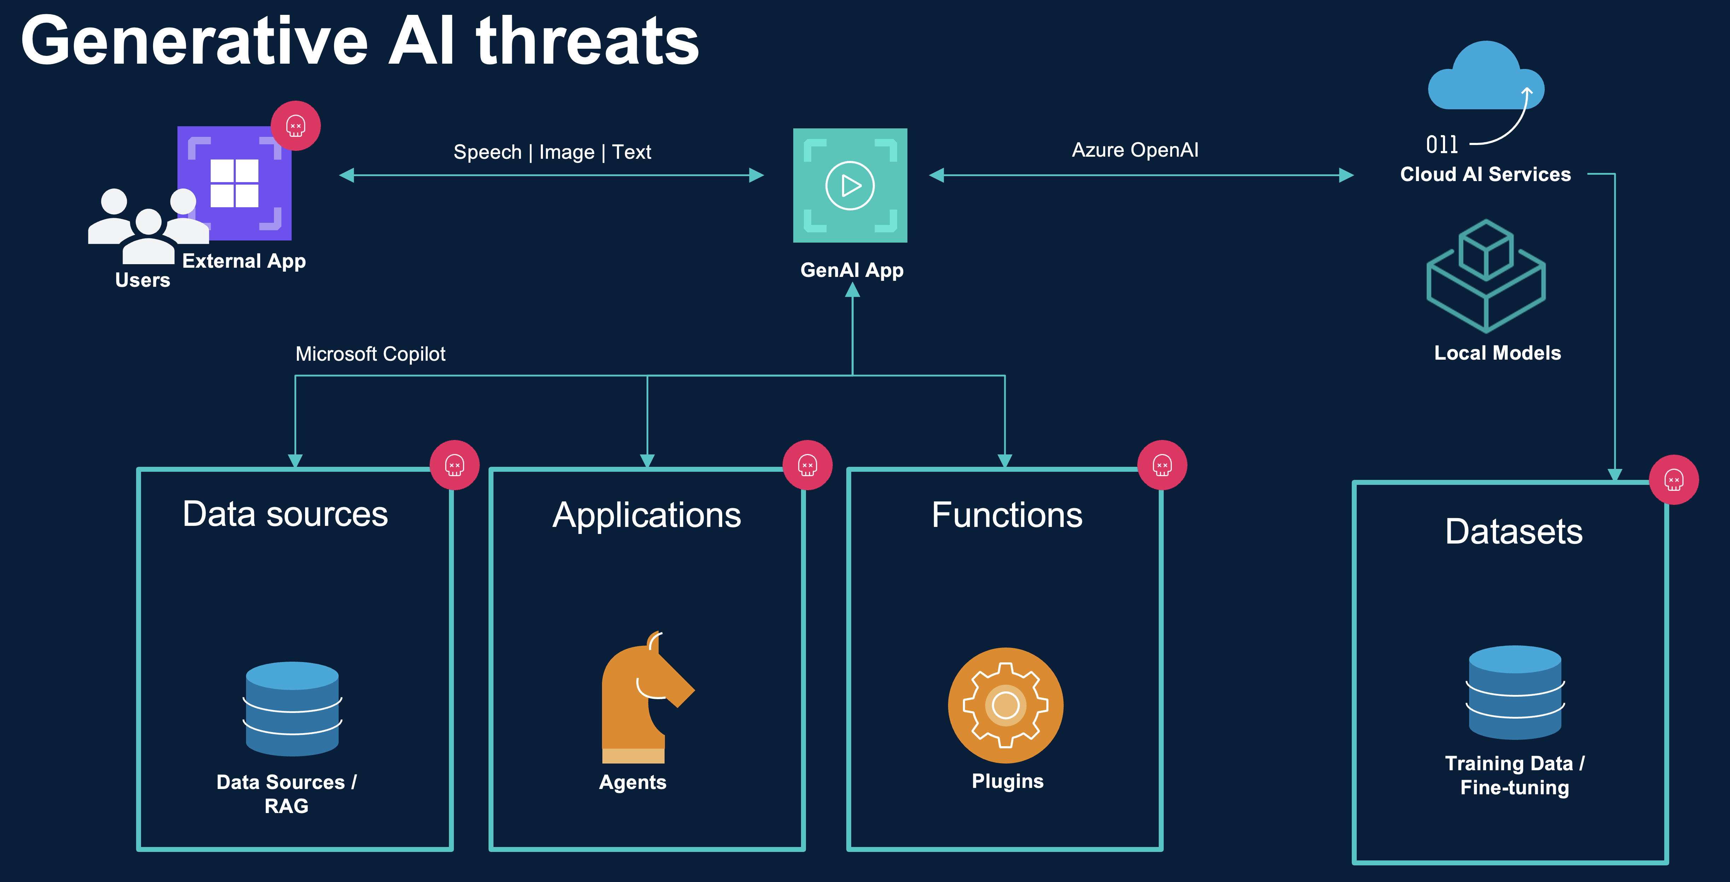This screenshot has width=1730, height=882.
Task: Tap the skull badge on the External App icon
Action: tap(296, 126)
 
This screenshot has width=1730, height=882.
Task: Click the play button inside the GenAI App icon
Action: tap(850, 185)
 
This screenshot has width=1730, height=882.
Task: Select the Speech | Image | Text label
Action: tap(552, 152)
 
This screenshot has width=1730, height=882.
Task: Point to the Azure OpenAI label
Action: tap(1135, 150)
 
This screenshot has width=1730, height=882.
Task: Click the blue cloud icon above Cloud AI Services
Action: tap(1485, 77)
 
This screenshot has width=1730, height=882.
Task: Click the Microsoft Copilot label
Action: tap(370, 354)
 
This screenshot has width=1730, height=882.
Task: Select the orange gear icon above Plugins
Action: tap(1005, 705)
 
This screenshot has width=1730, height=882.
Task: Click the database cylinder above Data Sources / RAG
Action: tap(292, 709)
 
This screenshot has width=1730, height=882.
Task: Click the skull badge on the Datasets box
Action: tap(1673, 480)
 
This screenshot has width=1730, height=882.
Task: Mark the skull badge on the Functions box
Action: tap(1162, 465)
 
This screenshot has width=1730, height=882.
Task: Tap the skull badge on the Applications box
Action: tap(807, 465)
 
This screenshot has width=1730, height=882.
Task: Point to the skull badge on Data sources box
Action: tap(455, 465)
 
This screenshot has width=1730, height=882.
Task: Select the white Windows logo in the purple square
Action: tap(234, 183)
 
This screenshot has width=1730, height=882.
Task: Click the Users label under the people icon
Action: tap(142, 280)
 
